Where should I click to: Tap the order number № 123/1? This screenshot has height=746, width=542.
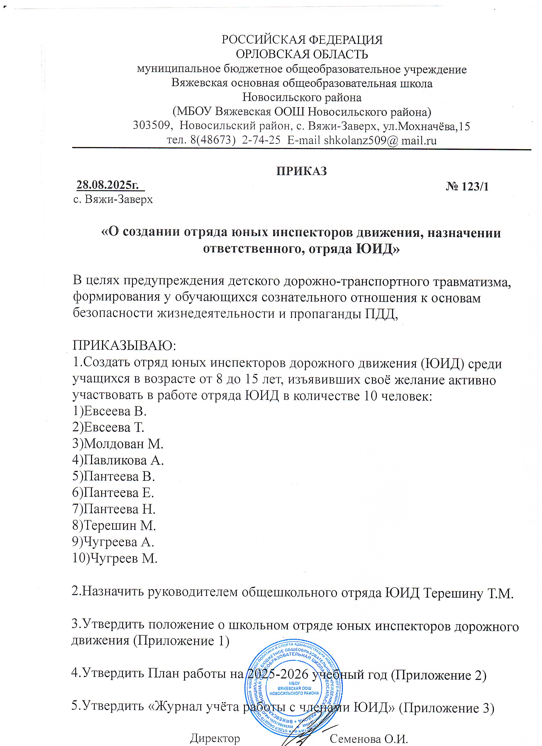pos(467,187)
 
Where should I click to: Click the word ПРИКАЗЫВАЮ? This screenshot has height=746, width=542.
pos(125,346)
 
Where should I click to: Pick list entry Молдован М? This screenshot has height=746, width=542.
pos(123,444)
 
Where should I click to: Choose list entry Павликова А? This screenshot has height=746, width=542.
pos(123,460)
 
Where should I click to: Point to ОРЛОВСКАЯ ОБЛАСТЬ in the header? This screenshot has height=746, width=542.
pos(302,54)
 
